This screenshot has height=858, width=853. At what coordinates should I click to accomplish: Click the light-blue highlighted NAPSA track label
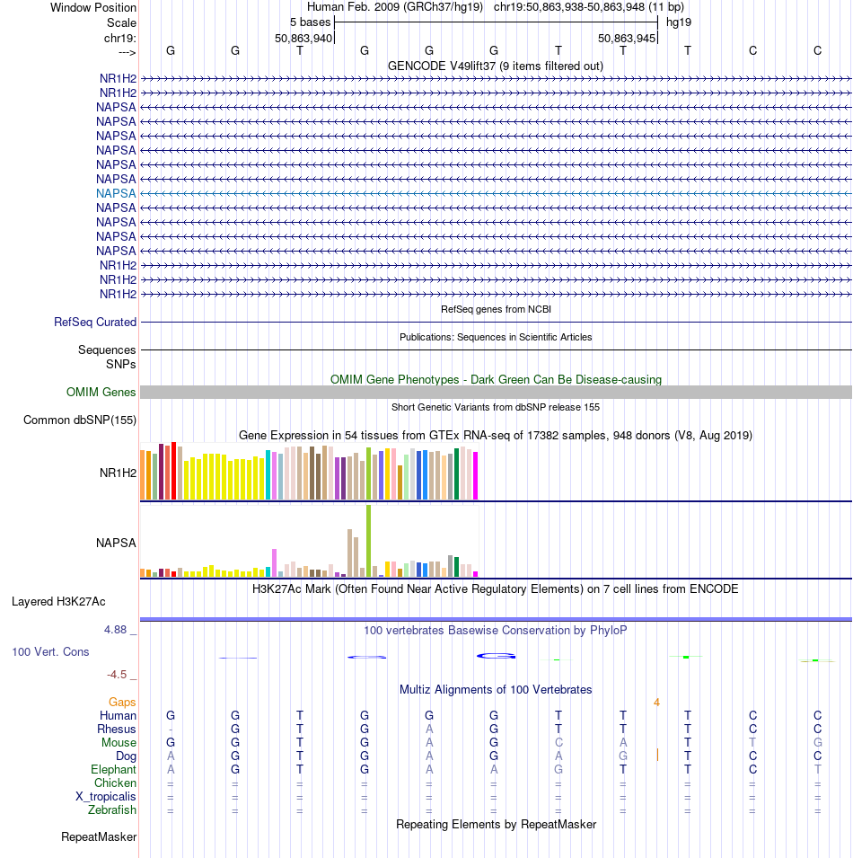coord(116,194)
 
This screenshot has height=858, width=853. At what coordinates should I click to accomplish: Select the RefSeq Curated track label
coord(95,323)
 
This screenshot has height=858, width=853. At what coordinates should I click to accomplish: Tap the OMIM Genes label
coord(101,393)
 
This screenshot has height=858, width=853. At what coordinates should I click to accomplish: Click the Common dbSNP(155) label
coord(80,420)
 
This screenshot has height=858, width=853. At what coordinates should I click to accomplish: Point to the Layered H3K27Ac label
coord(58,602)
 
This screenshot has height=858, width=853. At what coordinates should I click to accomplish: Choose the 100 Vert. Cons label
coord(50,652)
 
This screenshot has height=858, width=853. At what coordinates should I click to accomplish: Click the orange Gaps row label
coord(122,702)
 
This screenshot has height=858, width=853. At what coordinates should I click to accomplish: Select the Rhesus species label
coord(117,730)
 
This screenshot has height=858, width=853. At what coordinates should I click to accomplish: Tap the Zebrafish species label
coord(112,809)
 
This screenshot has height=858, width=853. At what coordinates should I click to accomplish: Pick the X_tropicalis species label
coord(106,797)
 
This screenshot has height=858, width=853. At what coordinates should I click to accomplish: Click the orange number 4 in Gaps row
coord(656,702)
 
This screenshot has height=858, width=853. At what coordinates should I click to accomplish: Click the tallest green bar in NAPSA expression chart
coord(368,541)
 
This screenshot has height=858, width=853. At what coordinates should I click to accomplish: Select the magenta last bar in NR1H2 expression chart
coord(476,475)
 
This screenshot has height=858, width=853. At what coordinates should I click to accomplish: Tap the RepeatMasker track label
coord(99,837)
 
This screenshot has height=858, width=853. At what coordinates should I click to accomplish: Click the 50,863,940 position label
coord(303,39)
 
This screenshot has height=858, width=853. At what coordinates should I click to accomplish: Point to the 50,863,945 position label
coord(627,39)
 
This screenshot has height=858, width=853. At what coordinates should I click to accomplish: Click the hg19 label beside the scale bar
coord(679,22)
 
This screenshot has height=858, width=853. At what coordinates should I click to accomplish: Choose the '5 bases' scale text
coord(311,22)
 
